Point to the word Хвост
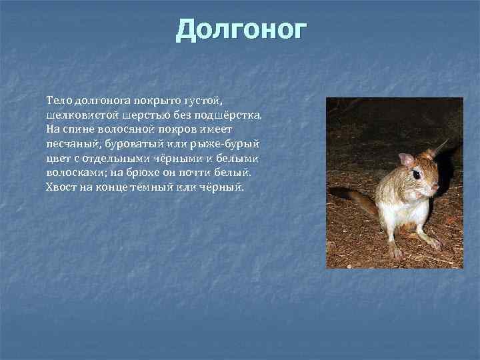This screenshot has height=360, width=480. (x=61, y=187)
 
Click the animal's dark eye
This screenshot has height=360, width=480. (x=417, y=175)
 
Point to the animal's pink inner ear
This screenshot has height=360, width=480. (x=406, y=159)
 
